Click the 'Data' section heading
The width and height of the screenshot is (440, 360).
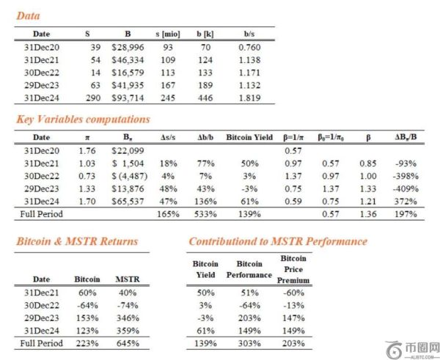point(29,15)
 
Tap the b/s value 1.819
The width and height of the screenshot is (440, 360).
point(253,98)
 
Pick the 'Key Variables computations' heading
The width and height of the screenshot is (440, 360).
point(83,119)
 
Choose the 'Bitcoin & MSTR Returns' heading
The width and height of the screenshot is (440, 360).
point(77,241)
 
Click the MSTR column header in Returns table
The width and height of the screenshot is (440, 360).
point(126,279)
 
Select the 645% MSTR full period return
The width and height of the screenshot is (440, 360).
point(126,343)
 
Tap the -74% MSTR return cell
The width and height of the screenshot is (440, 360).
point(126,304)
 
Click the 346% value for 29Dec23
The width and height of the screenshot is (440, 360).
point(126,317)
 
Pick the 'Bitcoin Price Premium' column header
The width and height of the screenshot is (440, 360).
point(293,269)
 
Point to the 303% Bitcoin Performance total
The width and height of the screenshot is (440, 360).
point(249,343)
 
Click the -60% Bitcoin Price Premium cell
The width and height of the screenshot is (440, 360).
point(293,292)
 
